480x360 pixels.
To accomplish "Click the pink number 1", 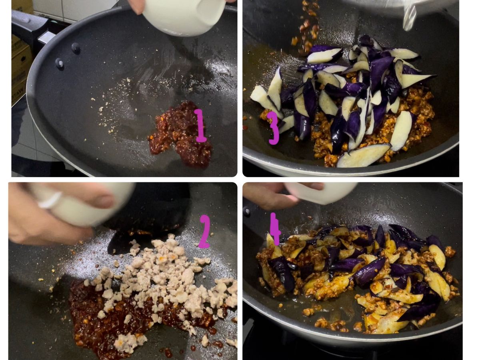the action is point(200,126).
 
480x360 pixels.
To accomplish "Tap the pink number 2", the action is point(204,231).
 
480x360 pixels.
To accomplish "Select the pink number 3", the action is point(273,128).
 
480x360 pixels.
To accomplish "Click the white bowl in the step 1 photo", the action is point(184,16).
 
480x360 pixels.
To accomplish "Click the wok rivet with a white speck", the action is point(60,63).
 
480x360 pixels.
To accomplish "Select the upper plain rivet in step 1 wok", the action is point(76,48).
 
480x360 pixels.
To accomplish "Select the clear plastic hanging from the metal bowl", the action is point(409,17).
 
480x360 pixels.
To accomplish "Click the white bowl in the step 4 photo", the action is point(322,192).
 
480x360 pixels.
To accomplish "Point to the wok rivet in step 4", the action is point(247,212).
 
